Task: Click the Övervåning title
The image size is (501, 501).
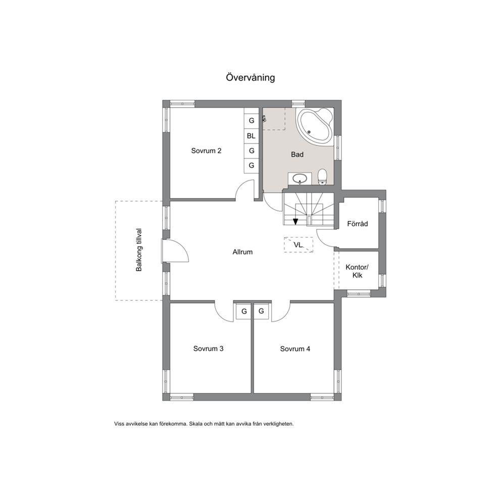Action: coord(250,78)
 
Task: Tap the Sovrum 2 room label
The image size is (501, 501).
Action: coord(206,151)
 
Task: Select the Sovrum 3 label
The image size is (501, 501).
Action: coord(208,348)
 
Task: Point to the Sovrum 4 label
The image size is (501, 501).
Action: coord(295,349)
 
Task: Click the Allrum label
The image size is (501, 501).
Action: coord(242,252)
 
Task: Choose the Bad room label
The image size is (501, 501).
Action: coord(297,155)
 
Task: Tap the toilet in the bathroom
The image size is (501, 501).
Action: coord(322,177)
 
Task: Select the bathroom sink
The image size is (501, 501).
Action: coord(299,179)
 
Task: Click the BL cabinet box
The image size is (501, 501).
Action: coord(252,136)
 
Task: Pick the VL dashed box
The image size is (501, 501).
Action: coord(298,245)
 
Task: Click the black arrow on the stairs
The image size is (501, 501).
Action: coord(295,221)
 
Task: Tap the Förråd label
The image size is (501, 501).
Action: coord(358,224)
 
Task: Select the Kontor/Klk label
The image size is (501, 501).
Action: coord(357,271)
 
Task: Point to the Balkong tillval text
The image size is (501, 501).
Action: coord(139,250)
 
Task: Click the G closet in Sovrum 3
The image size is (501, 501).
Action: coord(244,312)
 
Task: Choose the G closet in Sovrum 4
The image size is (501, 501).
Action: coord(262,311)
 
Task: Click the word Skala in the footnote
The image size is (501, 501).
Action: coord(195,424)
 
